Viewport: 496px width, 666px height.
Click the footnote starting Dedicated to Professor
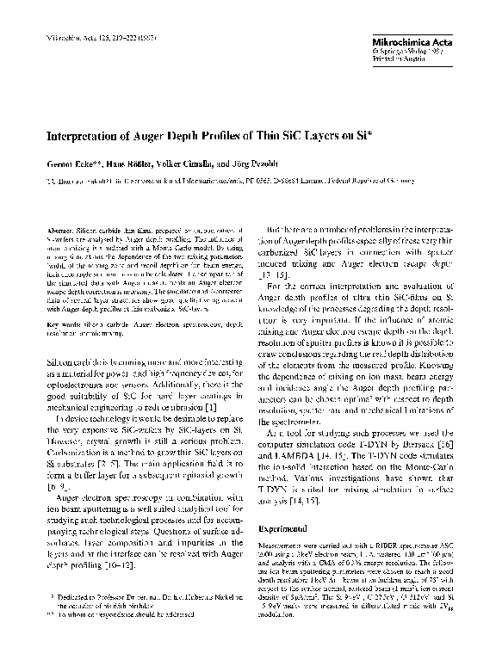click(x=146, y=596)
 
